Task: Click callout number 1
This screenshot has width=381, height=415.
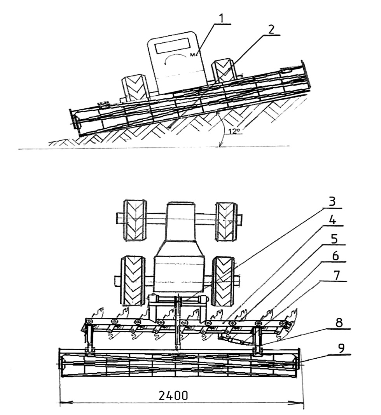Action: click(x=221, y=18)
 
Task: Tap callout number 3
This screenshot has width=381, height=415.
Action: click(x=332, y=202)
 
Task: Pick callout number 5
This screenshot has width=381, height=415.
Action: click(x=334, y=239)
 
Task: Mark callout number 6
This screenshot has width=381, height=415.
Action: click(x=335, y=256)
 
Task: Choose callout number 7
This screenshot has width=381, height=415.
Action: click(x=336, y=275)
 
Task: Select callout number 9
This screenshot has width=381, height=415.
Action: click(x=342, y=348)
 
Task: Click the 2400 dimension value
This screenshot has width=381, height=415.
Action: click(x=173, y=396)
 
